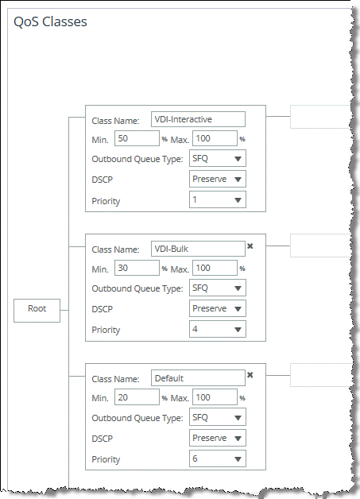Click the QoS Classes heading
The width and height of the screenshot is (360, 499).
tap(50, 22)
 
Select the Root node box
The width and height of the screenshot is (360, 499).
tap(37, 310)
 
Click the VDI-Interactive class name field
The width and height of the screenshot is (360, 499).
tap(198, 119)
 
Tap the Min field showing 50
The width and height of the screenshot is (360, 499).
tap(137, 138)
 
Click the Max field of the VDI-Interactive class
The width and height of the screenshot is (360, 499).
tap(215, 138)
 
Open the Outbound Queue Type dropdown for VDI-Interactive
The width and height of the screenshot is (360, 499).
tap(218, 158)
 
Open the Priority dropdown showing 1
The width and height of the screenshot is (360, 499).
tap(218, 200)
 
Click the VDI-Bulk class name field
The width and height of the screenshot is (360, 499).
tap(198, 249)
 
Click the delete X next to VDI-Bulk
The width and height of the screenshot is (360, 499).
tap(250, 246)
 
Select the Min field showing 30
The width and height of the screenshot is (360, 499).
tap(137, 268)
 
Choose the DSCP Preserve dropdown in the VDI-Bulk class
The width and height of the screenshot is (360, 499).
tap(218, 308)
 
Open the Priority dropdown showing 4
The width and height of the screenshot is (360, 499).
tap(218, 329)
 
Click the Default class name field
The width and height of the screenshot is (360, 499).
tap(198, 377)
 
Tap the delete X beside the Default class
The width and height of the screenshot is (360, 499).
tap(250, 375)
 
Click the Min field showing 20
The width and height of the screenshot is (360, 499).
tap(137, 397)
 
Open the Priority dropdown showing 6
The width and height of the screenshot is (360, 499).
tap(218, 458)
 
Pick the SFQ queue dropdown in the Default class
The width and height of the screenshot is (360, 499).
tap(218, 417)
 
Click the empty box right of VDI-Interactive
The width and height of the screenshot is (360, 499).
tap(320, 117)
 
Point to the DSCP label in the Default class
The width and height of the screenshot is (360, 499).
tap(103, 439)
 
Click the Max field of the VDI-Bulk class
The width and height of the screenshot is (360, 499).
tap(215, 268)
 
